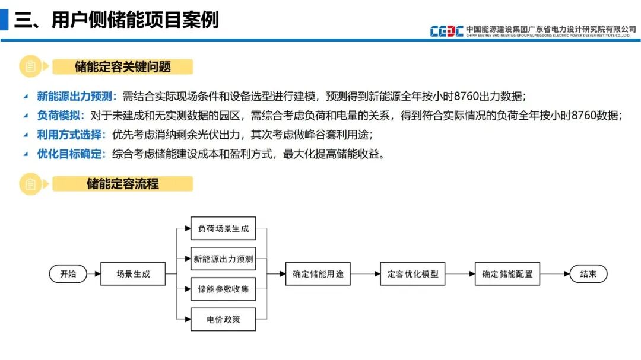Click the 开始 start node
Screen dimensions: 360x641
(68, 274)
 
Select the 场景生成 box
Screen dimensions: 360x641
(133, 274)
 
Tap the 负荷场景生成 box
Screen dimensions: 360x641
(223, 228)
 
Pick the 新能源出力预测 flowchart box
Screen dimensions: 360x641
(223, 259)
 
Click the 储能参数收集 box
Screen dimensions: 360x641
(223, 289)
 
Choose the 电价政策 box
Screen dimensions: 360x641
(223, 320)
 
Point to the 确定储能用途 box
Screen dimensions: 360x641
(318, 274)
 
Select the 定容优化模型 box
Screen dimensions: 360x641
(412, 274)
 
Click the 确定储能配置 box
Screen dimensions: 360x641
(507, 274)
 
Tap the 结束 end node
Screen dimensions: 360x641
(588, 274)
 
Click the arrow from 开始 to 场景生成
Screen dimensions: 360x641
(94, 274)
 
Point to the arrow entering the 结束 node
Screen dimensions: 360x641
(554, 274)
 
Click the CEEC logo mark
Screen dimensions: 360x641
(446, 31)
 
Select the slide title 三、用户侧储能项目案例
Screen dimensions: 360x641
(116, 20)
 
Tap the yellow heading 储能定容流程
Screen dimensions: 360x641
(123, 184)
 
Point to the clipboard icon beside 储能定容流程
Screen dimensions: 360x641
(31, 184)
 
